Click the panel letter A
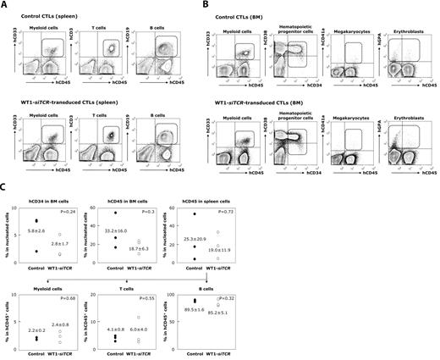coord(5,6)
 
